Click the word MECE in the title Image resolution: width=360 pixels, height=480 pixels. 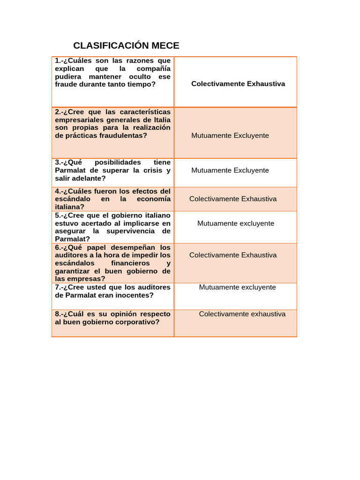165,45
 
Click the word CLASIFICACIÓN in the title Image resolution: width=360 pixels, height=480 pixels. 111,45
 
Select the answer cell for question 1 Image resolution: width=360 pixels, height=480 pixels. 238,84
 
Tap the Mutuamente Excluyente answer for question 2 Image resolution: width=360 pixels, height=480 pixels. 230,135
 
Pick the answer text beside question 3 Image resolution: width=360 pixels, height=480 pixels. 230,170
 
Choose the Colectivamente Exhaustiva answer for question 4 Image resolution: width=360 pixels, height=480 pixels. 233,199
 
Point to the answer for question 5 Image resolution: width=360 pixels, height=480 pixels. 235,224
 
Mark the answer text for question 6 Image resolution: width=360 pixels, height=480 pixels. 233,255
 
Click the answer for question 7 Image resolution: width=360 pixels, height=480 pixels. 237,287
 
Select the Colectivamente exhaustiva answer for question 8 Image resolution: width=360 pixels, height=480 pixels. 242,314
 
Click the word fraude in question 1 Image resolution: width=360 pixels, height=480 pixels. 67,84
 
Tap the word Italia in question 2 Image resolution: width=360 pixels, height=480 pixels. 160,120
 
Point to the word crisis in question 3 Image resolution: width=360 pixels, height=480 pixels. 148,171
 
